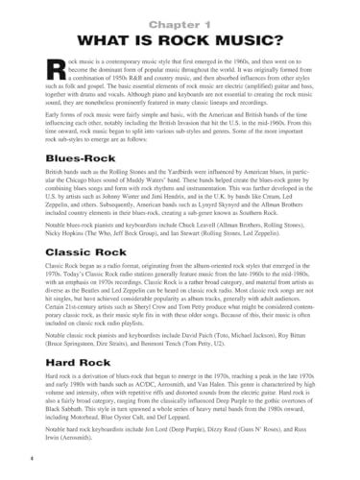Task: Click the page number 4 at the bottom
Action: [x=19, y=465]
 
